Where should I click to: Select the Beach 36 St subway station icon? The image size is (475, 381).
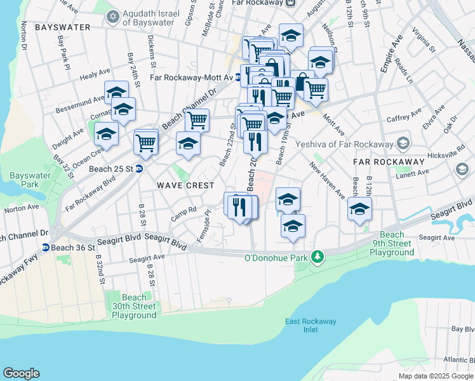click(x=46, y=247)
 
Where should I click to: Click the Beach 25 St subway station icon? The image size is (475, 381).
click(x=138, y=169)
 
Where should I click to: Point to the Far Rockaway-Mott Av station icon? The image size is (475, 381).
click(x=237, y=77)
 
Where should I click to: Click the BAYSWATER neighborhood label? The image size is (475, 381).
click(x=63, y=28)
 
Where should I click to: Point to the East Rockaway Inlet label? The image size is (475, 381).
click(x=311, y=325)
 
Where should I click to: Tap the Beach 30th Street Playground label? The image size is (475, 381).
click(x=134, y=306)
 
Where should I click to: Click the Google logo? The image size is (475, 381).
click(x=21, y=373)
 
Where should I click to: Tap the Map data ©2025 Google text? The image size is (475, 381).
click(x=435, y=376)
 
